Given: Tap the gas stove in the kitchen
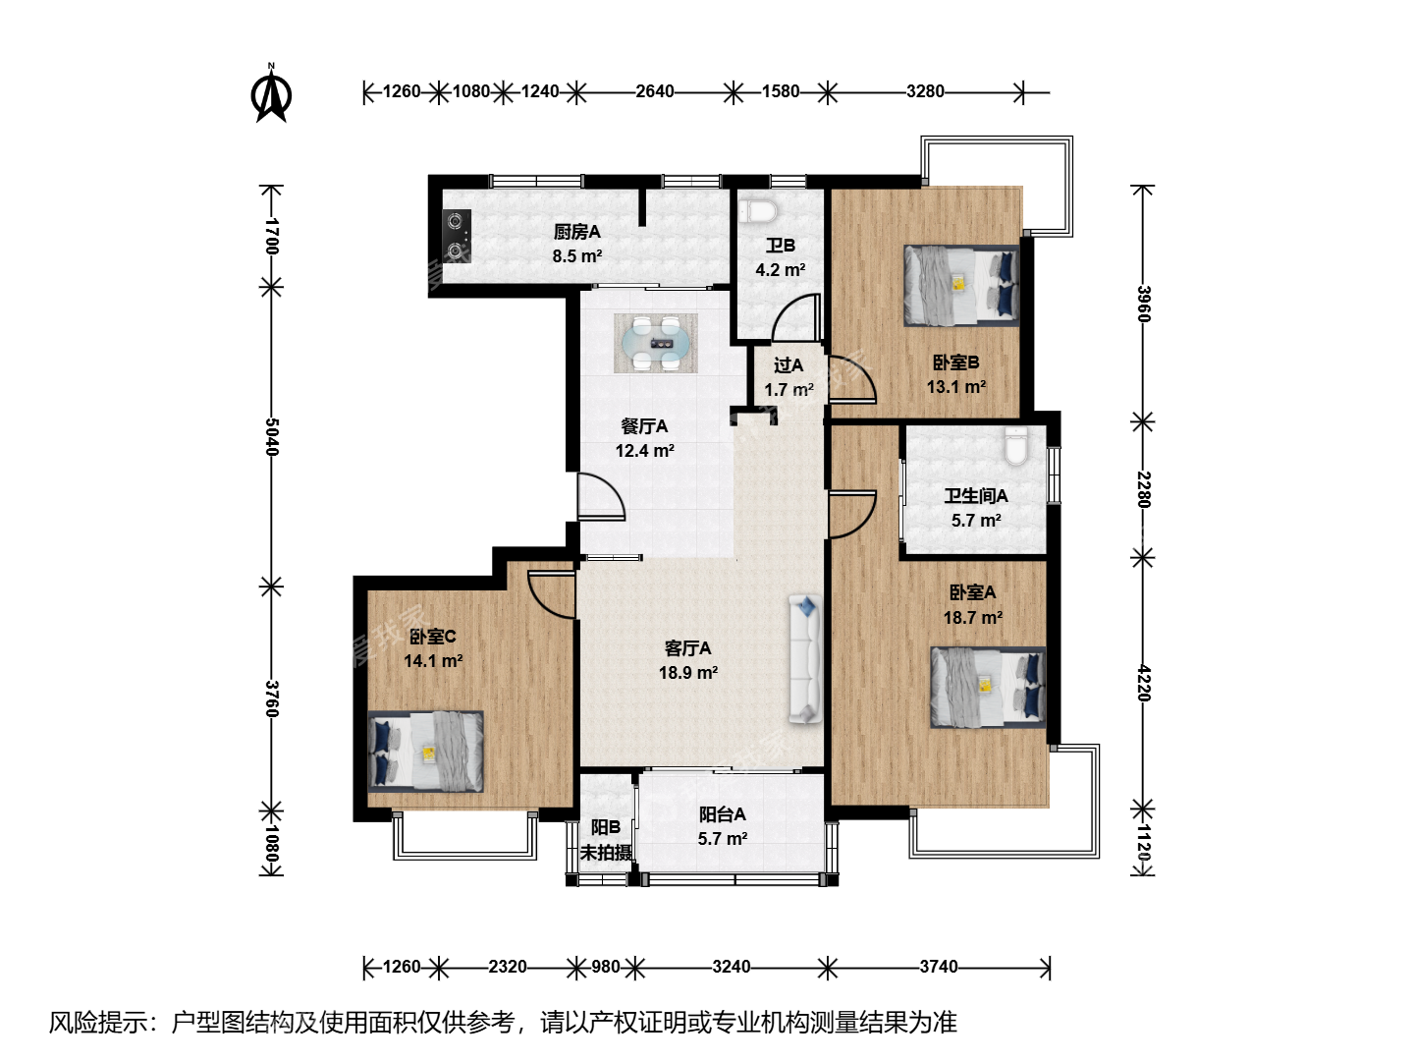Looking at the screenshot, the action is coord(456,236).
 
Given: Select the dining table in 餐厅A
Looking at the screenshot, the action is coord(656,344).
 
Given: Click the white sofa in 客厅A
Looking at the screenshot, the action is coord(805,659).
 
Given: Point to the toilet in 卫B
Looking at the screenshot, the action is coord(759,210).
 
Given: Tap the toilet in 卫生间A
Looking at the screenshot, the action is coord(1016,445).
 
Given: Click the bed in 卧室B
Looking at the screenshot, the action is coord(961,285).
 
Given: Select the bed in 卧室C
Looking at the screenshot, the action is coord(426,752).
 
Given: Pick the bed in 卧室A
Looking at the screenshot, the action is coord(988,688).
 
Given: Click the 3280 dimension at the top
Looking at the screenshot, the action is coord(925,91).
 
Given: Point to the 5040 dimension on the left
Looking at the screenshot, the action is coord(271,437).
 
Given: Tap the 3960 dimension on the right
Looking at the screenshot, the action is coord(1143,304).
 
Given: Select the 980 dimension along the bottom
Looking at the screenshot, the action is coord(606,967).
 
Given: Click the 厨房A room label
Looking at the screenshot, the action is coord(577,231).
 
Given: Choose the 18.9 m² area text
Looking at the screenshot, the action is coord(688,673).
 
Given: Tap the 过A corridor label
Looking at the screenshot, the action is coord(789,365).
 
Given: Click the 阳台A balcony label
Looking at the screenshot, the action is coord(722,814).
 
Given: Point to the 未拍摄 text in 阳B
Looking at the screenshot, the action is coord(606,853).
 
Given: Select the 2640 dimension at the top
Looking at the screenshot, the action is coord(655,91).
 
